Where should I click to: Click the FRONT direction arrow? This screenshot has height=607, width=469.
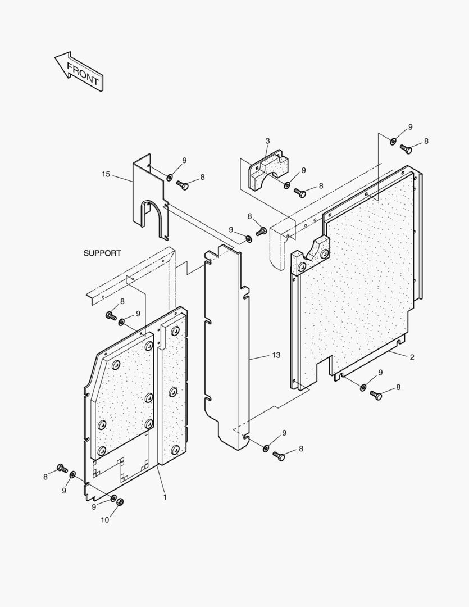[79, 72]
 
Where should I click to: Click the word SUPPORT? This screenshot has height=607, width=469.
[102, 253]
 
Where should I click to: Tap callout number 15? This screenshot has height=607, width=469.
[106, 174]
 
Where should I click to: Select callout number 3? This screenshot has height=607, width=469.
[267, 141]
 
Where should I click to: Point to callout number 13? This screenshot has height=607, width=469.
[276, 355]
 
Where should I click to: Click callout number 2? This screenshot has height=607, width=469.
[412, 357]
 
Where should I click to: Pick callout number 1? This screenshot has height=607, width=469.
[165, 497]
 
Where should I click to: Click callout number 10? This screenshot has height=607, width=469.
[105, 520]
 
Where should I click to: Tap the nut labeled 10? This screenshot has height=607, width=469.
[120, 502]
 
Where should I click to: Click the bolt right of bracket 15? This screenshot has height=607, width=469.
[183, 185]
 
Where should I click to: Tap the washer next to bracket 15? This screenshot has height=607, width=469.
[169, 178]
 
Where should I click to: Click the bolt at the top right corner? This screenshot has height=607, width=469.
[407, 149]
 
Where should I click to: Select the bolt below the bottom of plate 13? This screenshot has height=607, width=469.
[279, 456]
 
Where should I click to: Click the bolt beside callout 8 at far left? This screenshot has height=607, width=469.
[62, 468]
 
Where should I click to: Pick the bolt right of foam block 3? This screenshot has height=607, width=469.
[300, 193]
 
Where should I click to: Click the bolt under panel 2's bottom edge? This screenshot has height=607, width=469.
[376, 395]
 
